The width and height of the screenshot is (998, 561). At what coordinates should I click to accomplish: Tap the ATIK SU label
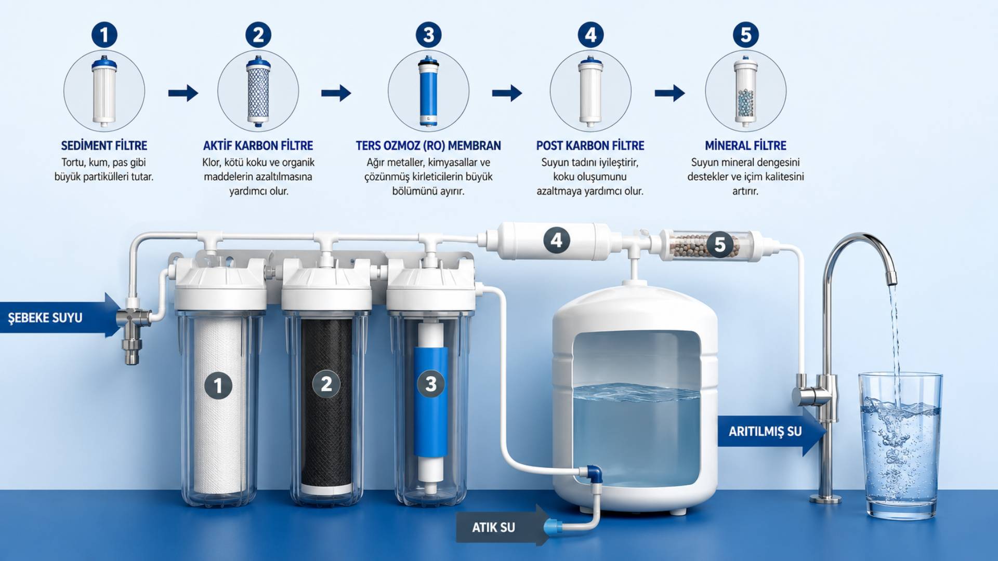pyautogui.click(x=493, y=527)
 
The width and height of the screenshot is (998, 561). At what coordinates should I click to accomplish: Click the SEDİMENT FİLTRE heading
pyautogui.click(x=104, y=145)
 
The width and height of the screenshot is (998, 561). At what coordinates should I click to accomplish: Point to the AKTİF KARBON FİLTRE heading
pyautogui.click(x=258, y=145)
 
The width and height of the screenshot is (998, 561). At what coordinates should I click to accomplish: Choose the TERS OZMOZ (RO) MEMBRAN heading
pyautogui.click(x=428, y=145)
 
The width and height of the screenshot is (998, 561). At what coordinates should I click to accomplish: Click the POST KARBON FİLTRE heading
pyautogui.click(x=590, y=145)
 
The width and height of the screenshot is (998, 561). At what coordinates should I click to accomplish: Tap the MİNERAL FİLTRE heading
pyautogui.click(x=745, y=145)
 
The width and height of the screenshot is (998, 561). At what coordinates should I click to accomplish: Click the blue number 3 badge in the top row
pyautogui.click(x=428, y=35)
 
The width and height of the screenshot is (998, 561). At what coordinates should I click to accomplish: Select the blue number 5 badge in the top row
pyautogui.click(x=745, y=35)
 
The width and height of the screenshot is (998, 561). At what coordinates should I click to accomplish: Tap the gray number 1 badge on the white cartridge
pyautogui.click(x=218, y=385)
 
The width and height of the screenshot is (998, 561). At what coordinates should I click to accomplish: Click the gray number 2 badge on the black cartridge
pyautogui.click(x=326, y=384)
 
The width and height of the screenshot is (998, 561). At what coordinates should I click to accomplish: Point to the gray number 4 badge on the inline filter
pyautogui.click(x=556, y=241)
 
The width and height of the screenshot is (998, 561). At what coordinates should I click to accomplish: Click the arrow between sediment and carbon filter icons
pyautogui.click(x=183, y=93)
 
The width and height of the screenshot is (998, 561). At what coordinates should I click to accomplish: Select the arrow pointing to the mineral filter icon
pyautogui.click(x=669, y=93)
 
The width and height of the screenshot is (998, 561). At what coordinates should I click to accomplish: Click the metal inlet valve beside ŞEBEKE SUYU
pyautogui.click(x=134, y=327)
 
